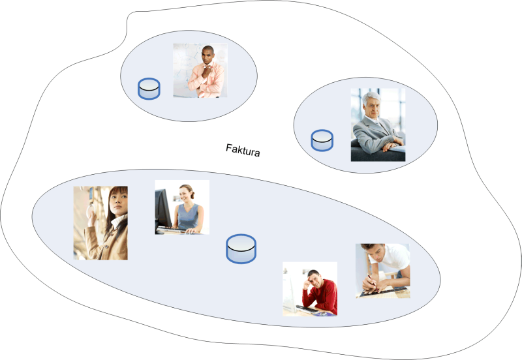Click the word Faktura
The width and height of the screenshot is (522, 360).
(243, 150)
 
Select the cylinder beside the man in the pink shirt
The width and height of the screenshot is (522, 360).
(149, 89)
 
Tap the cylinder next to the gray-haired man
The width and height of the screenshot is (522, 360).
(322, 140)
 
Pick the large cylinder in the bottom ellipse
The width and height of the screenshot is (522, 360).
(241, 249)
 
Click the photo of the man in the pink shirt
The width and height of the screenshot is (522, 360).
(200, 70)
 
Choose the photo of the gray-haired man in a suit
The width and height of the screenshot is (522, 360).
(378, 125)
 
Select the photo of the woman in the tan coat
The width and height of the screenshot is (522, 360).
(100, 223)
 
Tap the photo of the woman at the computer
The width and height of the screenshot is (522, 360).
(182, 207)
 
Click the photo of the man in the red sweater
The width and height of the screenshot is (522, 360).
(310, 289)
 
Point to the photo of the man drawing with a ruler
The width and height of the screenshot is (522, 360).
(382, 271)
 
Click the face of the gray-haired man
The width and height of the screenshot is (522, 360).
(373, 106)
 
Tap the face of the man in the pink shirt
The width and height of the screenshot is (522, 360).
(207, 56)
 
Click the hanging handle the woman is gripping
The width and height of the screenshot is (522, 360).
(90, 206)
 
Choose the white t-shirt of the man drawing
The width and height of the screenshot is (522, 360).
(395, 256)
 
